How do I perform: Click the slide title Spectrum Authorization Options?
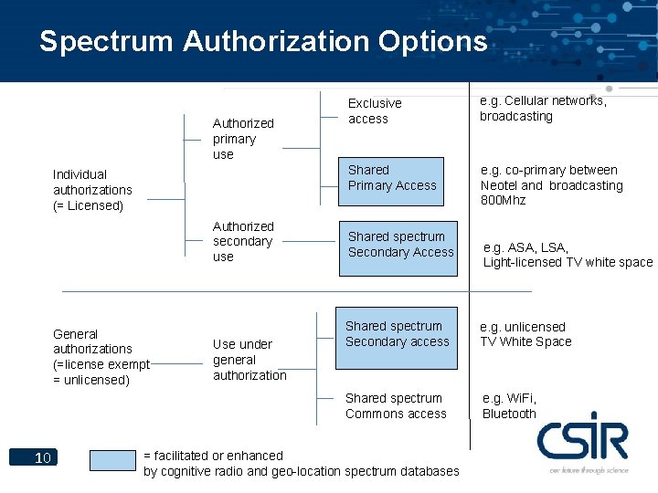click(263, 42)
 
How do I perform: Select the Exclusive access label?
click(375, 110)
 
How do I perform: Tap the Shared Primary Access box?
click(393, 177)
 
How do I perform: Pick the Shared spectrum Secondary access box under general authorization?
click(398, 335)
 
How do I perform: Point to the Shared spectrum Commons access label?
click(396, 406)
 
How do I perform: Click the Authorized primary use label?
click(242, 139)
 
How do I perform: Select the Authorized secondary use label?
click(242, 241)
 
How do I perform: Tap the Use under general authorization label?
click(249, 360)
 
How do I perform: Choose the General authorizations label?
click(101, 357)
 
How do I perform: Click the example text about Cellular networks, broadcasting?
click(543, 109)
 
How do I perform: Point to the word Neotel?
click(499, 185)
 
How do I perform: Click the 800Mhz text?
click(504, 200)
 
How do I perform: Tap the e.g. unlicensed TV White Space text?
click(526, 334)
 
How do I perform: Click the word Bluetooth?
click(509, 414)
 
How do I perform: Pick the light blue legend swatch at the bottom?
click(113, 459)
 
